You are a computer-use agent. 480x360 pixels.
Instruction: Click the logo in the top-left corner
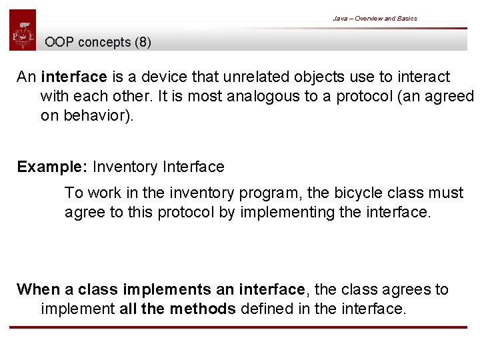click(x=23, y=30)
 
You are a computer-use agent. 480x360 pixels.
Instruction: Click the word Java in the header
click(x=340, y=19)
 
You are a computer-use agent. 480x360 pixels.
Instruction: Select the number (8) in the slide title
click(x=143, y=43)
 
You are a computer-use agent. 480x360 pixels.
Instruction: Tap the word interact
click(x=422, y=77)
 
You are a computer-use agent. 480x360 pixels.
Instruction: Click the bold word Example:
click(x=53, y=167)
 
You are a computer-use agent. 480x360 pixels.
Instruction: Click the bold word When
click(x=39, y=289)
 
